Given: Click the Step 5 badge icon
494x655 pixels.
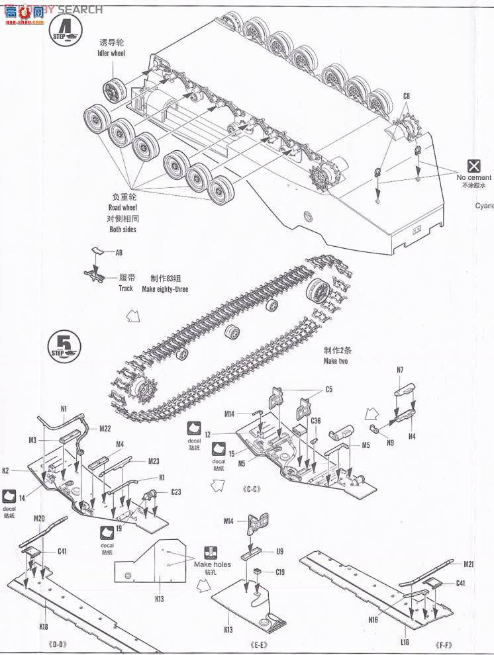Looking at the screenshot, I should point(64,345).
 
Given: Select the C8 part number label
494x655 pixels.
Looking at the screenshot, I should point(407,97).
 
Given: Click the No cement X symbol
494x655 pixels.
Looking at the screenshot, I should point(473,165).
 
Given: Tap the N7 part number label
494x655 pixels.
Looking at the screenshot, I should point(401,370).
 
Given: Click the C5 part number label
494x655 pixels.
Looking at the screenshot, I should point(328,390).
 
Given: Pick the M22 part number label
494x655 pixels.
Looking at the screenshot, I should point(105,428).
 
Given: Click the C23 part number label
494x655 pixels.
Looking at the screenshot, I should point(176,492).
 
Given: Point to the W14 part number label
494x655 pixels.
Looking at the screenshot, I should point(228,521).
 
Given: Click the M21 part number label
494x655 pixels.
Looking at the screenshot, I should point(469,564).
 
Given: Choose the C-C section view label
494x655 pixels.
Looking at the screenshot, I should point(245,490).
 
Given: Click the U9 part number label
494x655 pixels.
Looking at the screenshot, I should point(280,550).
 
